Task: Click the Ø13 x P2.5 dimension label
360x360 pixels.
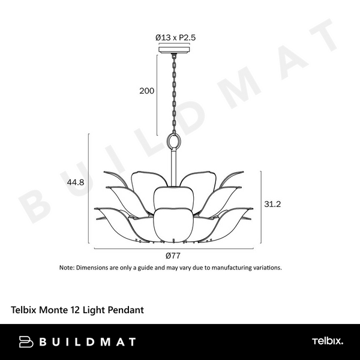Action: [176, 37]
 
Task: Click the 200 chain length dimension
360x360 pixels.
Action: [146, 91]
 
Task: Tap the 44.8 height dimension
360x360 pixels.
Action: [75, 183]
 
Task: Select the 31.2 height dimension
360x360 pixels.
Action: [273, 204]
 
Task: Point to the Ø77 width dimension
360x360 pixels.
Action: [174, 254]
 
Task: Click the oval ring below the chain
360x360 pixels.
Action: [175, 142]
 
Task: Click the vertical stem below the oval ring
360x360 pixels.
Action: [175, 168]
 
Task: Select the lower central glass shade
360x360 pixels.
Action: [175, 223]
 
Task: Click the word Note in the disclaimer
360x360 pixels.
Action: [66, 268]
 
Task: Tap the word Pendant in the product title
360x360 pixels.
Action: [125, 310]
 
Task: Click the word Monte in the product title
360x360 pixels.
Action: [53, 310]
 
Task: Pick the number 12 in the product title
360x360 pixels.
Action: [74, 310]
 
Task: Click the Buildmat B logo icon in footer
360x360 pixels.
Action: [26, 342]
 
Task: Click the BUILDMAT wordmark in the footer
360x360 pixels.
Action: [88, 342]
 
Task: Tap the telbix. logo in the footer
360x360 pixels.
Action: [327, 342]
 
